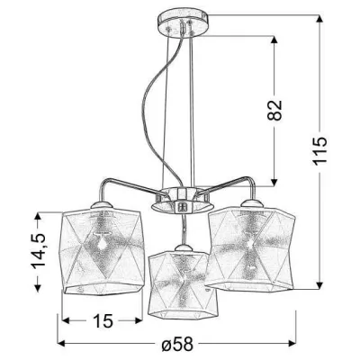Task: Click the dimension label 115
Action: click(320, 151)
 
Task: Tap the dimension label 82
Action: click(274, 110)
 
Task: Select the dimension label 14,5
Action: click(38, 250)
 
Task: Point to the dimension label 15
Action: click(103, 320)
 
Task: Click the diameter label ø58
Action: click(177, 343)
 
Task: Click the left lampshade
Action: click(102, 251)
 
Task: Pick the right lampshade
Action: click(250, 249)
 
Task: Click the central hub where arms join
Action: click(183, 200)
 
